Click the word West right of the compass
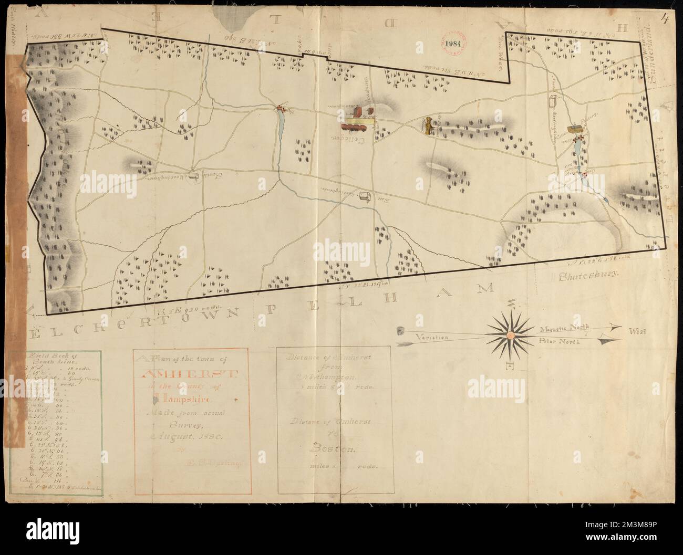tap(637, 332)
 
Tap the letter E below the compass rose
tap(509, 366)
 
